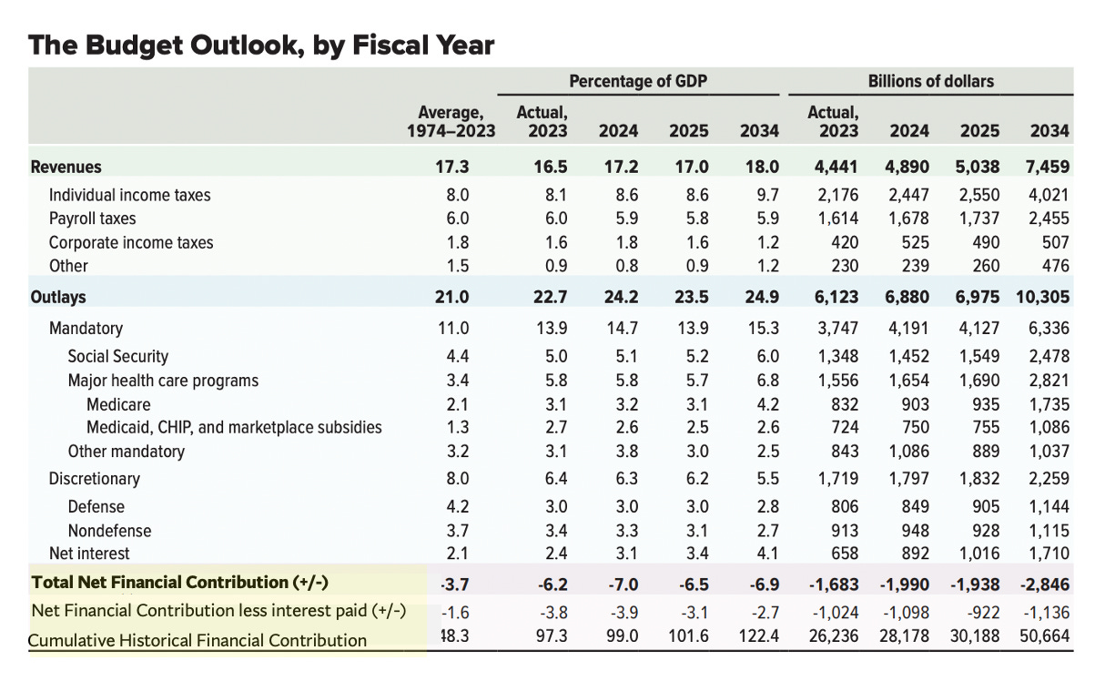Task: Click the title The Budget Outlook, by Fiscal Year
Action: [261, 46]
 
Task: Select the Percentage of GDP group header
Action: [638, 81]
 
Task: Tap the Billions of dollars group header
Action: [930, 81]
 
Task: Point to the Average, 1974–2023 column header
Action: [451, 121]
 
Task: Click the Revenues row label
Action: [66, 167]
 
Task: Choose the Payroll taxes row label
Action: [93, 219]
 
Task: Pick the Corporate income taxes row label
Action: [131, 242]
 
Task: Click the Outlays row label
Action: [58, 297]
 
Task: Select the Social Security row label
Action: [117, 357]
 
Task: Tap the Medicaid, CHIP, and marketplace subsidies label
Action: [234, 427]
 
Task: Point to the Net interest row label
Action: [89, 554]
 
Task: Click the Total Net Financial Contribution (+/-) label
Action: [179, 583]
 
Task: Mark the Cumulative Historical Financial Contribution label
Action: [198, 640]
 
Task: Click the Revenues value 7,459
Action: [1049, 167]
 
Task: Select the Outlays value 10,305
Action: [1042, 297]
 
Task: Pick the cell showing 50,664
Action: [1045, 635]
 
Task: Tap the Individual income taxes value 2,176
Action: [836, 195]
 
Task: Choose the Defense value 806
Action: [845, 507]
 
